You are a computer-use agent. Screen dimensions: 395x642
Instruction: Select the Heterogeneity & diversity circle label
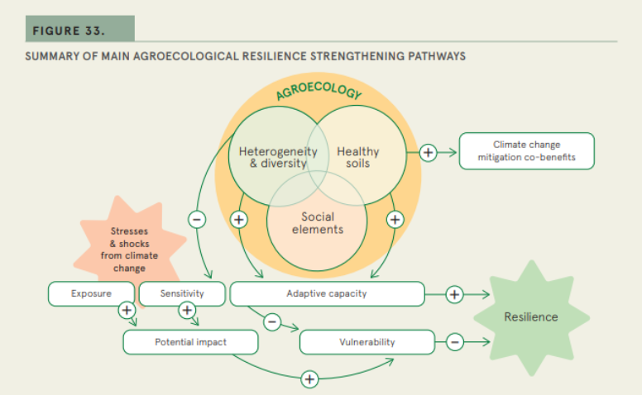pyautogui.click(x=272, y=157)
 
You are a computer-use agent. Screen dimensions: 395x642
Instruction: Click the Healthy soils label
pyautogui.click(x=358, y=157)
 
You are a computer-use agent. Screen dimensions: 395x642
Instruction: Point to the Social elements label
pyautogui.click(x=318, y=223)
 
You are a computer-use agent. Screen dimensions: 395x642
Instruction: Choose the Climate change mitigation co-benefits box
pyautogui.click(x=526, y=150)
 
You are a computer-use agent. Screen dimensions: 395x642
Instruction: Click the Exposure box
pyautogui.click(x=91, y=293)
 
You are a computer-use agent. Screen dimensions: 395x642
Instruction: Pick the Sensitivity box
pyautogui.click(x=182, y=293)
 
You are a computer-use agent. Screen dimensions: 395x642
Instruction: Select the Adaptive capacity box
pyautogui.click(x=326, y=293)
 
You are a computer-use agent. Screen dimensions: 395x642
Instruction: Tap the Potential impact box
pyautogui.click(x=190, y=341)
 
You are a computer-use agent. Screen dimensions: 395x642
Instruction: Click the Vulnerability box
pyautogui.click(x=367, y=341)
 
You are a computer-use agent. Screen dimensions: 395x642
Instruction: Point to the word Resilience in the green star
pyautogui.click(x=530, y=316)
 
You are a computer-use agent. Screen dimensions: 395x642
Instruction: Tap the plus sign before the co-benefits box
pyautogui.click(x=428, y=152)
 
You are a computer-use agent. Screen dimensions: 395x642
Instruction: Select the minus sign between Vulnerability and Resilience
pyautogui.click(x=454, y=341)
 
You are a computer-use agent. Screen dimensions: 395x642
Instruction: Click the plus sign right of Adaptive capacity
pyautogui.click(x=454, y=293)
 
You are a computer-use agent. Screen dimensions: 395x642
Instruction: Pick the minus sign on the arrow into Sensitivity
pyautogui.click(x=197, y=219)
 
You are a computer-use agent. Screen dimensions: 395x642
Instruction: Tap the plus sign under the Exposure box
pyautogui.click(x=127, y=310)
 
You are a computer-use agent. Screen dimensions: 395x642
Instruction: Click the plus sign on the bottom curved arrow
pyautogui.click(x=309, y=379)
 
